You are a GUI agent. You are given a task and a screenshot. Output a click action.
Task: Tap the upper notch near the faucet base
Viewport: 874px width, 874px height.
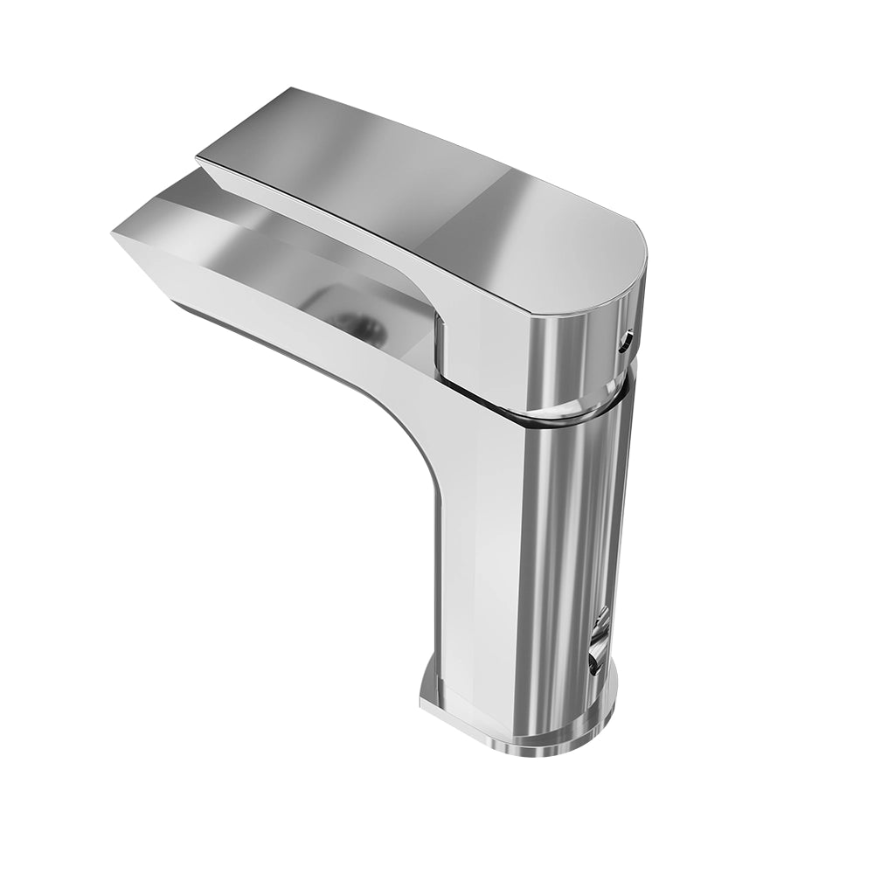tap(601, 623)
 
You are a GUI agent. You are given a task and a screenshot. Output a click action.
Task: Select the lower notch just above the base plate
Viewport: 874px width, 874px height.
tap(595, 662)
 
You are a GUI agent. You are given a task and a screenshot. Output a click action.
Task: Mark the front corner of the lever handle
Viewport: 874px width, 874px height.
tap(199, 157)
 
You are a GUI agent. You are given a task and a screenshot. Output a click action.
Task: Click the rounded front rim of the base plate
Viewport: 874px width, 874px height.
tap(524, 747)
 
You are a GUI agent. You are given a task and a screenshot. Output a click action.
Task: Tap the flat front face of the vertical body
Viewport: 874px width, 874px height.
tap(476, 568)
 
